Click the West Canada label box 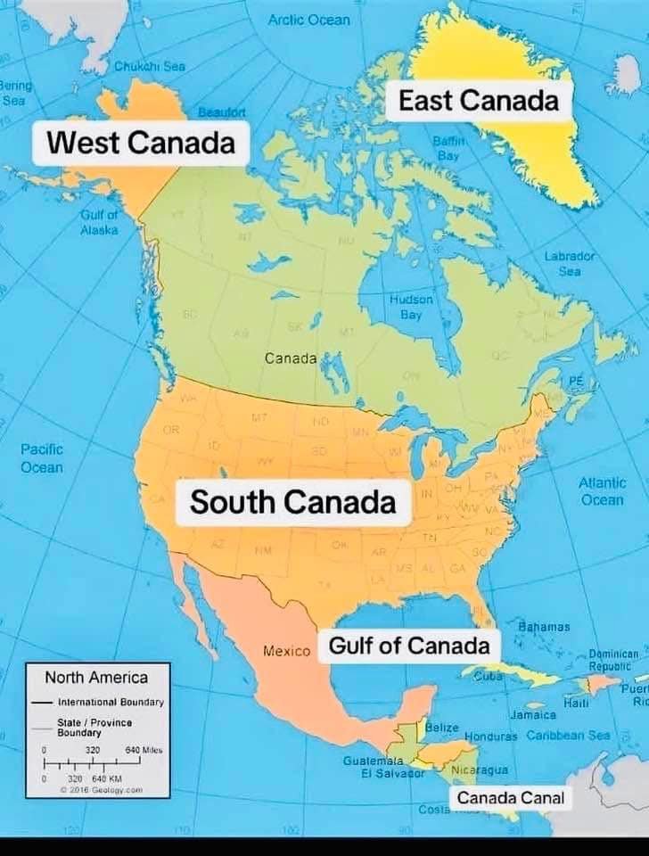pos(140,143)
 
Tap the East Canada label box pos(478,101)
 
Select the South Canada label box pos(292,502)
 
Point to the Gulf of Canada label pos(409,646)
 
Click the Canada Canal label pos(511,797)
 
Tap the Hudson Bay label pos(411,307)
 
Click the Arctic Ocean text pos(308,20)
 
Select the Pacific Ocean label pos(42,458)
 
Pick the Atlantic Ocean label pos(602,491)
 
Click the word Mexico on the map pos(286,652)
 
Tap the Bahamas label pos(544,628)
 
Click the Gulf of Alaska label pos(99,222)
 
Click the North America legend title pos(96,678)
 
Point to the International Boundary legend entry pos(111,702)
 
